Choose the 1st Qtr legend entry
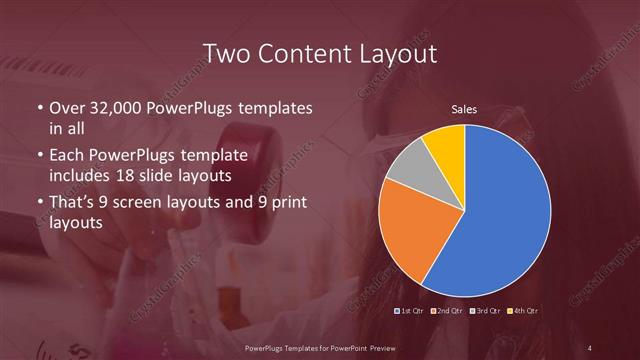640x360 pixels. click(412, 311)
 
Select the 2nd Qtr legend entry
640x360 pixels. click(447, 311)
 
